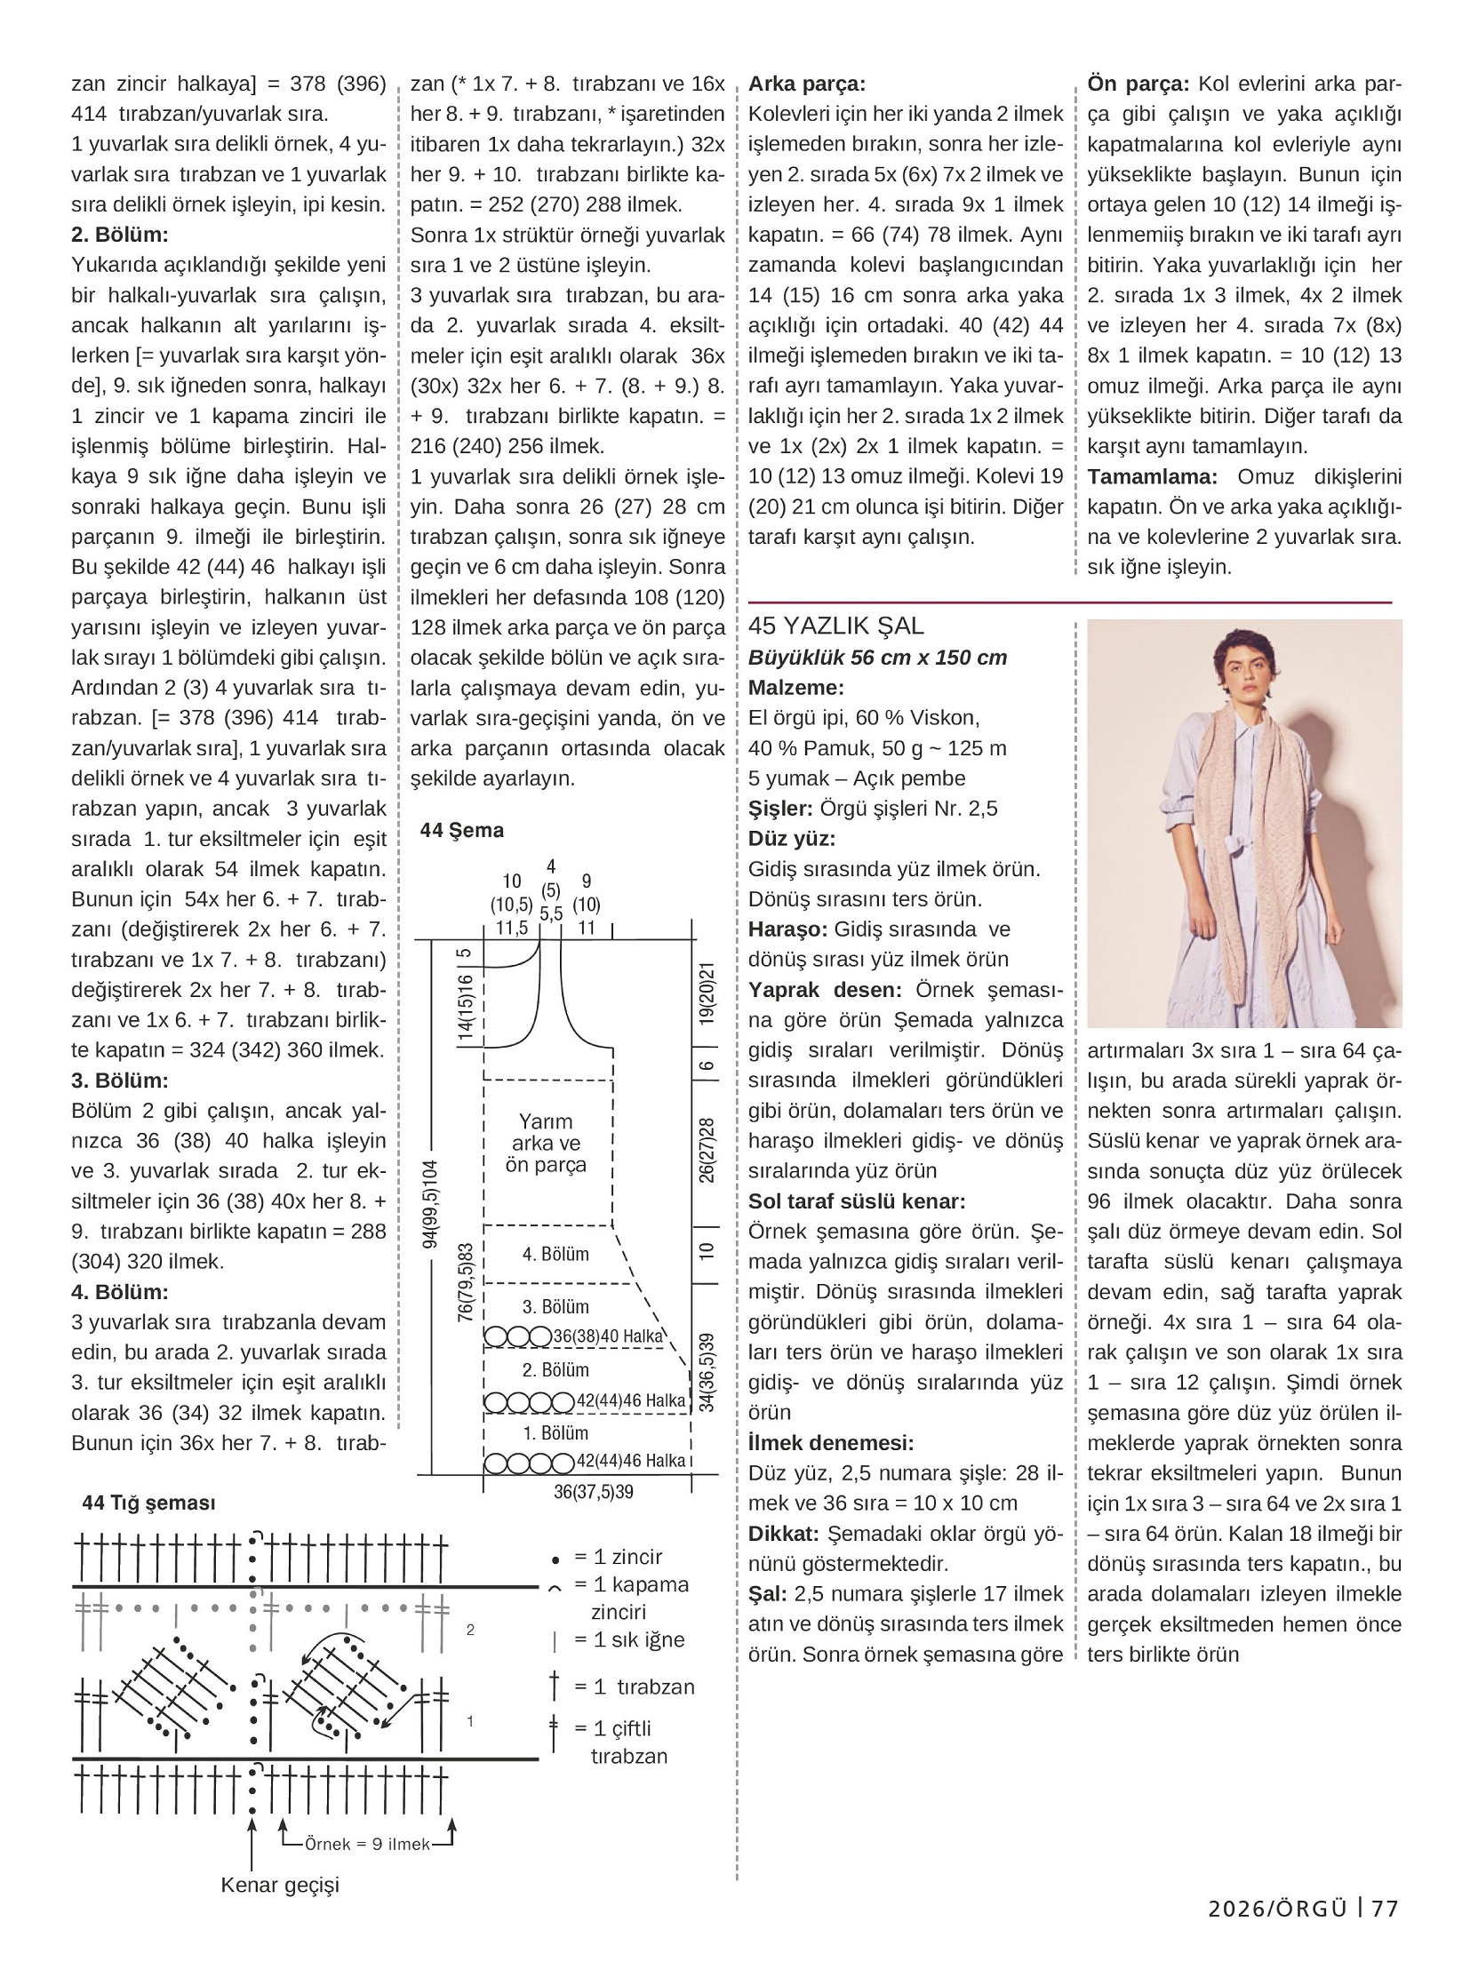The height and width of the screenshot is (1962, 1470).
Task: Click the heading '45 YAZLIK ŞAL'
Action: click(835, 626)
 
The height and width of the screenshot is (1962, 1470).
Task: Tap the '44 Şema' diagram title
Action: click(461, 830)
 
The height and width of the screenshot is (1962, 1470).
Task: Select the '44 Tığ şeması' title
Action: click(148, 1503)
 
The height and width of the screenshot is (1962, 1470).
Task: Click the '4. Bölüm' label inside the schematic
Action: click(555, 1254)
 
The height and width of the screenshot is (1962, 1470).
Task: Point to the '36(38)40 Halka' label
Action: click(608, 1336)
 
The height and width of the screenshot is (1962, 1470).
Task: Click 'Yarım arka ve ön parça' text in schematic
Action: click(546, 1143)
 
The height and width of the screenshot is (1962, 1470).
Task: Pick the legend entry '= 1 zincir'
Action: click(618, 1556)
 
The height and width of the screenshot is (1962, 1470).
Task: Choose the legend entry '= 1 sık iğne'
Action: click(628, 1639)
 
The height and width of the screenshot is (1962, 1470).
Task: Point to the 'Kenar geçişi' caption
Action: click(280, 1885)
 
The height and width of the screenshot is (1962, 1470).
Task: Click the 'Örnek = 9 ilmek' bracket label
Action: click(367, 1844)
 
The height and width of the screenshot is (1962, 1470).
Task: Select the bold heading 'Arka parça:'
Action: click(806, 84)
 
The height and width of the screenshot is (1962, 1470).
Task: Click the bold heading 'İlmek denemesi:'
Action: click(830, 1442)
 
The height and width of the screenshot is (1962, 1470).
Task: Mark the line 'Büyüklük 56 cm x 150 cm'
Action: click(877, 658)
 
